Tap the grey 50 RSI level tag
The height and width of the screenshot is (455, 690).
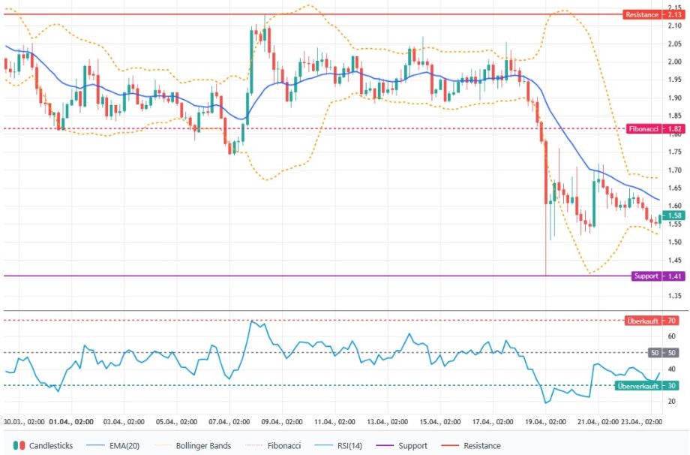661,352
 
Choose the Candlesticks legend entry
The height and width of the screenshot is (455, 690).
44,445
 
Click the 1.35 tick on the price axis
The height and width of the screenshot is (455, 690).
674,297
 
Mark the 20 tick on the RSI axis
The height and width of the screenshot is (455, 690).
672,402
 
